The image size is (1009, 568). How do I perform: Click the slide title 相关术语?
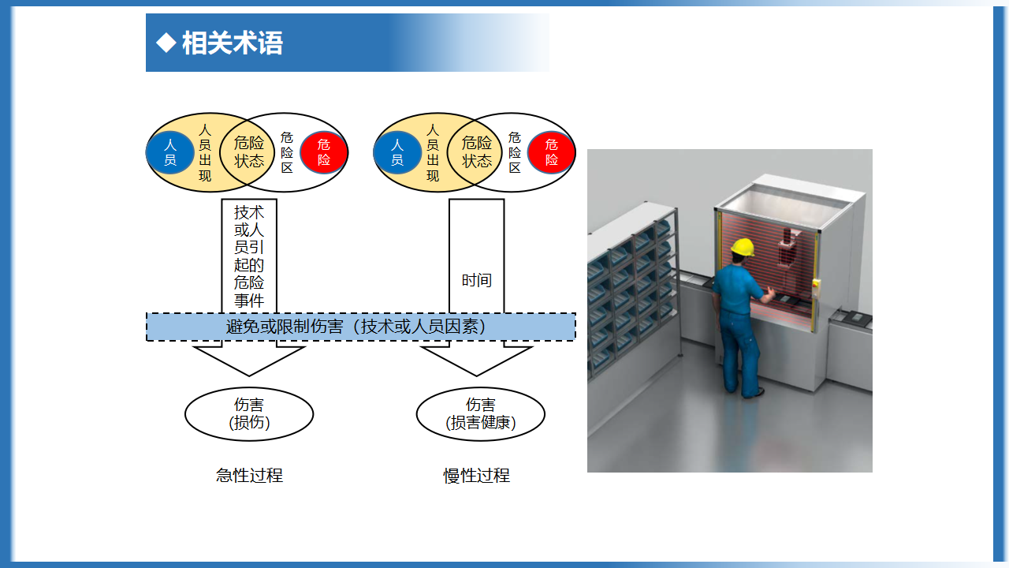coord(232,43)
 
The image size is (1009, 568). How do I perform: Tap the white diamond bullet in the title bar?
coord(166,43)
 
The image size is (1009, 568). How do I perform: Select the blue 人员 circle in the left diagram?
coord(170,152)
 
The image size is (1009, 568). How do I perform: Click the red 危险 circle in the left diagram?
coord(323,152)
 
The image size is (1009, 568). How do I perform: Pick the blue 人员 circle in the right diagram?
coord(397,152)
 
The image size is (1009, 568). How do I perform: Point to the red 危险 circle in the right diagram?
coord(551,152)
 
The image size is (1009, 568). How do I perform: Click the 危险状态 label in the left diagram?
coord(248,152)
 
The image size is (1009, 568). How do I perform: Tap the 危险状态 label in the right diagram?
coord(477,152)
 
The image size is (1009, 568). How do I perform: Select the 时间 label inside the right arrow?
coord(477,280)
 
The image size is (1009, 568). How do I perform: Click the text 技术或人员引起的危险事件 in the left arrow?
coord(248,256)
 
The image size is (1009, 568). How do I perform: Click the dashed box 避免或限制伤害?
coord(361,327)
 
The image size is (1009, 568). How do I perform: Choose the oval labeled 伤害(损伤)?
coord(249,414)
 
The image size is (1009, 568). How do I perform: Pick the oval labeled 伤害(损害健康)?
coord(481,414)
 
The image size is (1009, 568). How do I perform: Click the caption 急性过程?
coord(249,476)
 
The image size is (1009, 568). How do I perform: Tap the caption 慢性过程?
coord(477,476)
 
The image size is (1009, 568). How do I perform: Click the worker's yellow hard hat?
coord(743,248)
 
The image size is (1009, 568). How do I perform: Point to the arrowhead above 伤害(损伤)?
coord(249,361)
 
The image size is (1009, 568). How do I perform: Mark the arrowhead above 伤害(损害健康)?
coord(477,361)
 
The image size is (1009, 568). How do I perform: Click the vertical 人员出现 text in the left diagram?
coord(205,153)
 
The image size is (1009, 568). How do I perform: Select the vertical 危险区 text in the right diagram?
coord(515,152)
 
